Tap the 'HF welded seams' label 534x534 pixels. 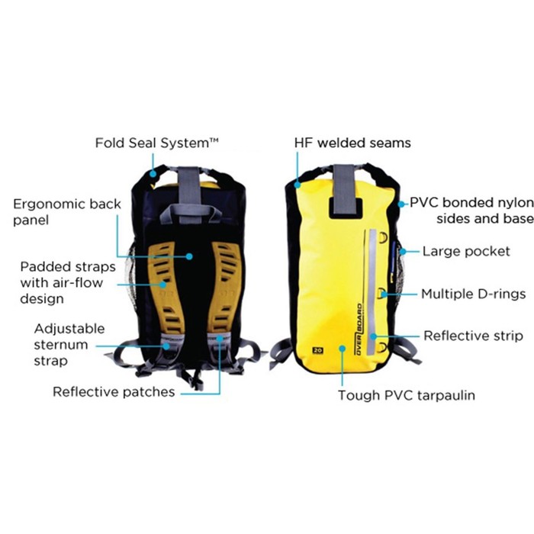click(x=352, y=143)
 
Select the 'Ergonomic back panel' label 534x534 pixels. click(x=63, y=211)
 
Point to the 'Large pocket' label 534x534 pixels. click(x=466, y=251)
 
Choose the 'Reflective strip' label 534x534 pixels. click(x=473, y=336)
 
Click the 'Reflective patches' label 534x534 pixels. click(x=114, y=392)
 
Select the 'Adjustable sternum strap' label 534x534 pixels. click(x=69, y=345)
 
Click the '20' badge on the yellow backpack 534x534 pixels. click(x=315, y=351)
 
